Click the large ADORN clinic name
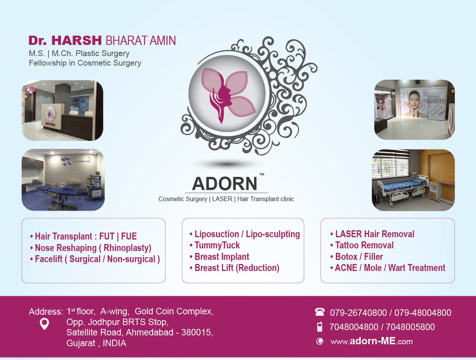(x=224, y=184)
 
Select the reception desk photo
(x=62, y=111)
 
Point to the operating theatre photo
(x=63, y=180)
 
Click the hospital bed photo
(x=413, y=180)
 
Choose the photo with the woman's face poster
(x=414, y=110)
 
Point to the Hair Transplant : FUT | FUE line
(x=86, y=236)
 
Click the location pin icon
(x=44, y=324)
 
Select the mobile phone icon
(x=320, y=327)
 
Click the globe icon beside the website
(x=320, y=342)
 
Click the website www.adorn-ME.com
(x=371, y=342)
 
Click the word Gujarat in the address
(x=80, y=343)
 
